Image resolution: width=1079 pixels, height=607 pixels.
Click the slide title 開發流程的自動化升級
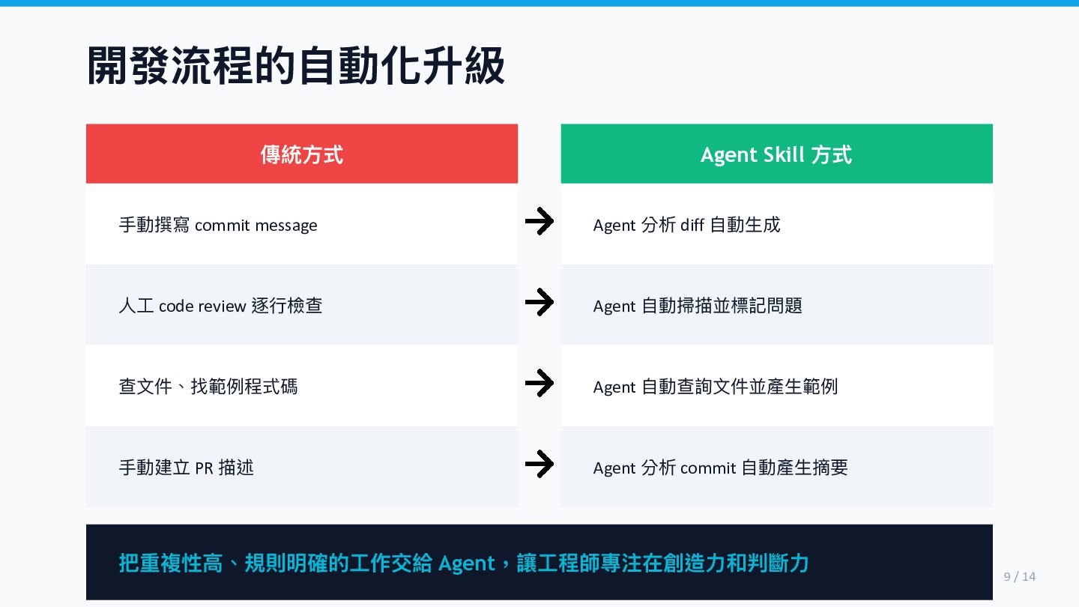[x=296, y=67]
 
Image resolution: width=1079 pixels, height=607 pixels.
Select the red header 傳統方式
[x=301, y=154]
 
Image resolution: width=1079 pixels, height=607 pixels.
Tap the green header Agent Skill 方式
[x=776, y=154]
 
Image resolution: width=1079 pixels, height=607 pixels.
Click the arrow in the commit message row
[x=539, y=222]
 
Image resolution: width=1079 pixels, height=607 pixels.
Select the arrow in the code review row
[x=539, y=303]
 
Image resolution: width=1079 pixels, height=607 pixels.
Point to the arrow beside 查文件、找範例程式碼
[x=539, y=384]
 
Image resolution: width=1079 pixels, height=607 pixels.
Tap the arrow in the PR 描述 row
[x=539, y=465]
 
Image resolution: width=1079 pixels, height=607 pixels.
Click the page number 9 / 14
[x=1019, y=576]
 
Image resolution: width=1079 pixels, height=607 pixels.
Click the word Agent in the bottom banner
[x=467, y=564]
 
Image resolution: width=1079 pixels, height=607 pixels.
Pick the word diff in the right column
[x=692, y=225]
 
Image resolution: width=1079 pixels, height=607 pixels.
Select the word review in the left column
[x=222, y=306]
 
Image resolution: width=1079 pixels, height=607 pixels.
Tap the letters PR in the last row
[x=204, y=468]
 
